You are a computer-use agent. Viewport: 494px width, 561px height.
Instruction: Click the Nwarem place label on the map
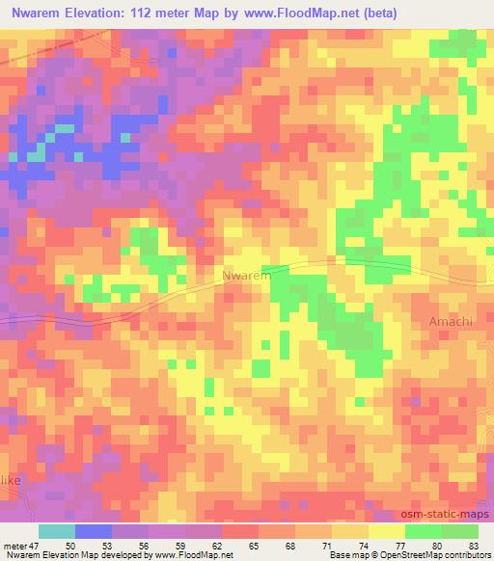247,277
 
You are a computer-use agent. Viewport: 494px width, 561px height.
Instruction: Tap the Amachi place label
450,322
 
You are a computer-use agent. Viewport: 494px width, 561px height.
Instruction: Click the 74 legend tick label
364,546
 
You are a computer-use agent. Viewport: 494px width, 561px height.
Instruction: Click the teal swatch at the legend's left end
57,531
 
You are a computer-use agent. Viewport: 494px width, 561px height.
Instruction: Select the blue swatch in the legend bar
94,531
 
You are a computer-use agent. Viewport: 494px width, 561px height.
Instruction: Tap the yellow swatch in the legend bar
386,531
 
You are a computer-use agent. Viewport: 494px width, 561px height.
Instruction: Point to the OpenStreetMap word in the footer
391,555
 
